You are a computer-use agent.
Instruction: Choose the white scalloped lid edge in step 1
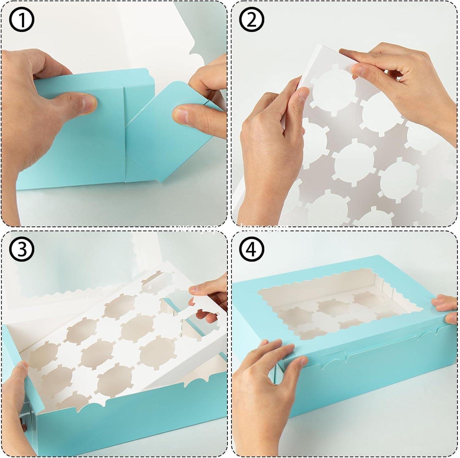tap(196, 52)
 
